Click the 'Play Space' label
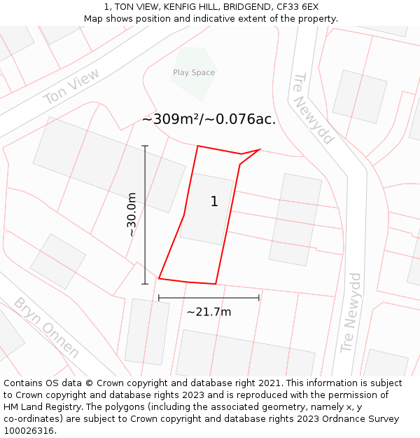click(x=194, y=73)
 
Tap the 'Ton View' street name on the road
click(x=71, y=87)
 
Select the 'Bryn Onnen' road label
click(x=46, y=327)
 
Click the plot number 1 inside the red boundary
click(x=214, y=202)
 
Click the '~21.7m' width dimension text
click(x=209, y=312)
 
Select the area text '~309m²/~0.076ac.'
click(x=209, y=119)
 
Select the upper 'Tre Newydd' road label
click(x=313, y=109)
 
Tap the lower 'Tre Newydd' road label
click(x=351, y=313)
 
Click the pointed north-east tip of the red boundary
click(x=260, y=149)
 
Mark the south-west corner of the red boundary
click(x=159, y=278)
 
